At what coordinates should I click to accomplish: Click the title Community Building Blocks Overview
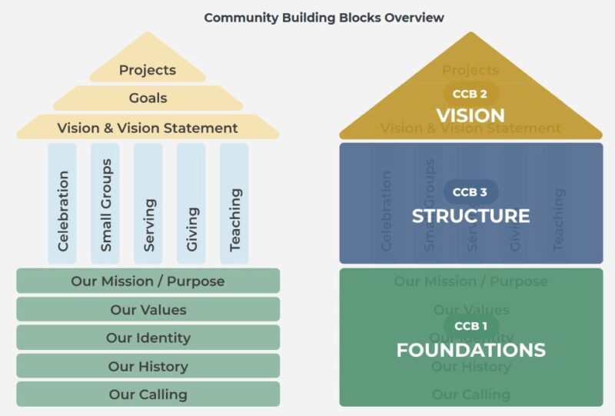point(324,17)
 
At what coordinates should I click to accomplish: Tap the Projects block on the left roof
point(148,70)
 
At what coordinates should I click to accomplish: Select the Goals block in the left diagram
point(148,98)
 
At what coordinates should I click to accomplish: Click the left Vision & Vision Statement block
point(148,128)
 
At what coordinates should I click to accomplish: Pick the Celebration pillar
point(62,203)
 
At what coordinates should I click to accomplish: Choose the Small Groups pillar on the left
point(105,203)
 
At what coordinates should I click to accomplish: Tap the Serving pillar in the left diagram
point(148,203)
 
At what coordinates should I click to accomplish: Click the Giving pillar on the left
point(191,203)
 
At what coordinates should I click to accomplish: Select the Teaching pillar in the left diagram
point(234,203)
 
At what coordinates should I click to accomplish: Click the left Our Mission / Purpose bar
point(148,281)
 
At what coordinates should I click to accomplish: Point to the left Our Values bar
point(148,310)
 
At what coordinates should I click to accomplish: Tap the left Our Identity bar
point(148,338)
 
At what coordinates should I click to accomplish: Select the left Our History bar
point(148,366)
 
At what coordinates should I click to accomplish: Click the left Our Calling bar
point(148,394)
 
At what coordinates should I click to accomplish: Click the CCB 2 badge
point(471,94)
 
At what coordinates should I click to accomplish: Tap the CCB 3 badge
point(471,191)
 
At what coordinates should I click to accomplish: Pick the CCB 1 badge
point(471,326)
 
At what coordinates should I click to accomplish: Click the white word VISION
point(471,115)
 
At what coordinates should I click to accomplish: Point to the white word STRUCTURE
point(471,215)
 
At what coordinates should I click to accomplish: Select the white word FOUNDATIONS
point(471,351)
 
